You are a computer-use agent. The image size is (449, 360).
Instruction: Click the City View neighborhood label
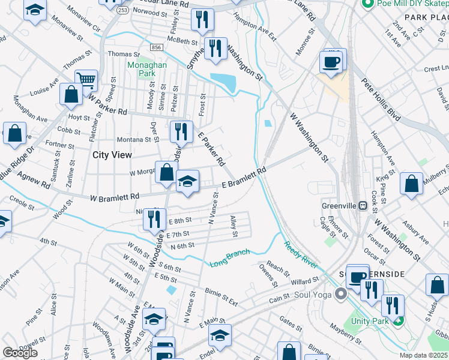(112, 155)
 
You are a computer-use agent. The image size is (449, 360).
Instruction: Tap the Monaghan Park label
(141, 68)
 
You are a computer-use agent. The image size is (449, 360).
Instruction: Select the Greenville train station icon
(363, 205)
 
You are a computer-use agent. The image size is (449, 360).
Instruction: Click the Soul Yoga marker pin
(342, 294)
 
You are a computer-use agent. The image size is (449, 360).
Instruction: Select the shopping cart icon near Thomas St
(86, 79)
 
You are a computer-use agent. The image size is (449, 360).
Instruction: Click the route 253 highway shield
(122, 11)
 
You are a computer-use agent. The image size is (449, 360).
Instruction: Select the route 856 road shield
(157, 47)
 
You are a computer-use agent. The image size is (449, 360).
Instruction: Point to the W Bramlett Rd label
(115, 197)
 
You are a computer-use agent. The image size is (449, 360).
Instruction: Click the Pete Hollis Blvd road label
(380, 99)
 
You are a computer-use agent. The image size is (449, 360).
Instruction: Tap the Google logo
(20, 353)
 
